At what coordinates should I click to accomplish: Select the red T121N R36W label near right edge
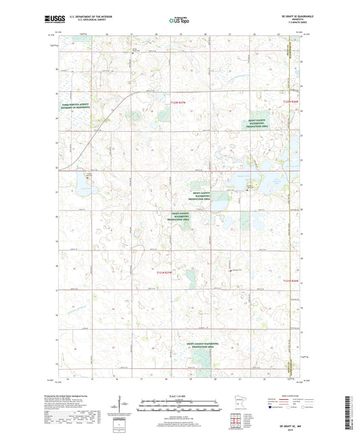coord(291,279)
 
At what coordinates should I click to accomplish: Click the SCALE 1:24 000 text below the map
coord(179,396)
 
